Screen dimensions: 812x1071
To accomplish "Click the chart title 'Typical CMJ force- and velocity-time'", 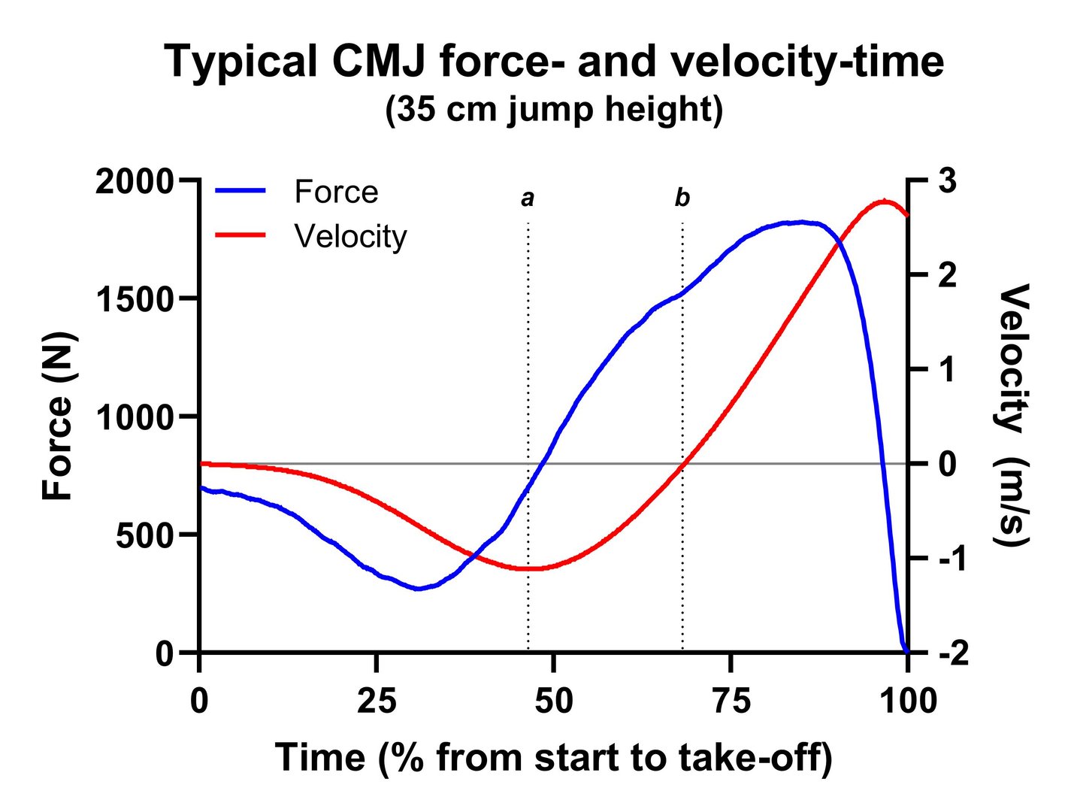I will point(554,62).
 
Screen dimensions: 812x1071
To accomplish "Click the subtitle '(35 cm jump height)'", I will point(554,111).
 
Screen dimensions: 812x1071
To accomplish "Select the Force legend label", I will point(336,192).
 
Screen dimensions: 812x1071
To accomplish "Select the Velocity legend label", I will point(350,236).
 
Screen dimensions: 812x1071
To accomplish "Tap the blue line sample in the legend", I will point(241,191).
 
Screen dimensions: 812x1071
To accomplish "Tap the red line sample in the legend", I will point(241,235).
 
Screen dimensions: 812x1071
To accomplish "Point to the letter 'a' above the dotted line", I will point(528,198).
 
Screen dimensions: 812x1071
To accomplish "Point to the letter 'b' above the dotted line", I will point(682,198).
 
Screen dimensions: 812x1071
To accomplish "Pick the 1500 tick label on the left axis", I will point(134,300).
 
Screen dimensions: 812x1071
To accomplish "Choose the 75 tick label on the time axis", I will point(731,701).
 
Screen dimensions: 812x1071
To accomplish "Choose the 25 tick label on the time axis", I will point(377,701).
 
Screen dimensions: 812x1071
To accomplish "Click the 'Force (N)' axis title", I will point(57,416).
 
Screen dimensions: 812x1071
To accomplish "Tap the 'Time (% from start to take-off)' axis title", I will point(554,757).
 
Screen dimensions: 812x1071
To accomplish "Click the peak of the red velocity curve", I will point(885,201).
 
